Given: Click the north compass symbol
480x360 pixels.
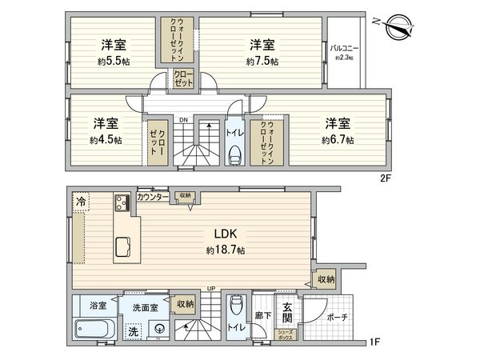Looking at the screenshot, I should tap(396, 24).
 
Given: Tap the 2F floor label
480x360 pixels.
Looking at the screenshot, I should tap(385, 180).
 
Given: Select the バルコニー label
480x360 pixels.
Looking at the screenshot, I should tap(345, 49).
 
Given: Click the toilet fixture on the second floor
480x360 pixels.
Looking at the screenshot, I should tap(235, 154).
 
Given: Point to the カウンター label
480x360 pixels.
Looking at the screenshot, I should tap(152, 197).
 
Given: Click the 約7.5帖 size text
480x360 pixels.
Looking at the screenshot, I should tap(262, 62).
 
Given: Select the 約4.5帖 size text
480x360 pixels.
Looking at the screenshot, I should tap(106, 140).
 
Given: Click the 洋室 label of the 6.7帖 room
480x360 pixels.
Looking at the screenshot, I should tap(338, 124).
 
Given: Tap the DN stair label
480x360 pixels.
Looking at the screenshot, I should tap(183, 121).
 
